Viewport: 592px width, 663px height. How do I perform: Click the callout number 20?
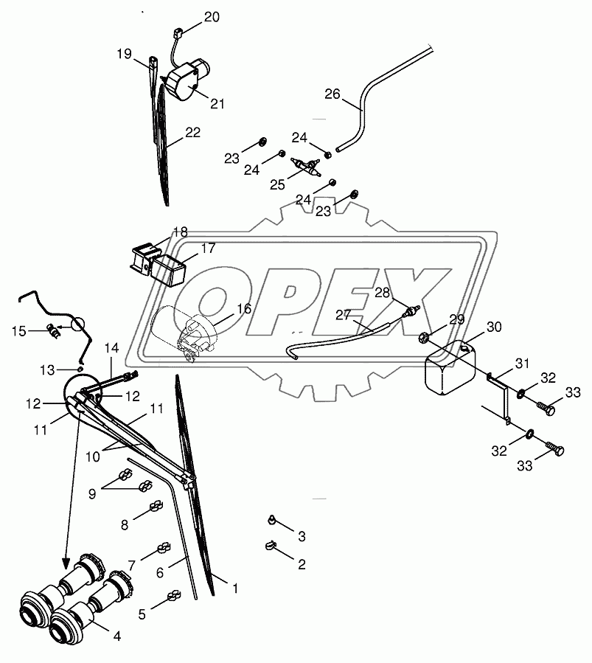[x=212, y=18]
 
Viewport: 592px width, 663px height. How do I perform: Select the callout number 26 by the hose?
[x=332, y=94]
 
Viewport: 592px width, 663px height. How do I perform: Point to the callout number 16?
[x=244, y=309]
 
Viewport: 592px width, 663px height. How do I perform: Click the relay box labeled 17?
[x=169, y=271]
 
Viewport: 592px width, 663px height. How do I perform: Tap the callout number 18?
[x=181, y=232]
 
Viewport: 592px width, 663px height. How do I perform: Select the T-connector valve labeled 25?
[x=307, y=167]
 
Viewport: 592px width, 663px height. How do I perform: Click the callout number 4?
[x=117, y=636]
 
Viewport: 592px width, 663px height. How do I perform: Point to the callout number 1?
[x=235, y=589]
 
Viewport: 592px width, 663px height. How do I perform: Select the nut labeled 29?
[x=425, y=338]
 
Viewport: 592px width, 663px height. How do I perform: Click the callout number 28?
[x=382, y=293]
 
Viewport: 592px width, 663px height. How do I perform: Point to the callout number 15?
[x=19, y=331]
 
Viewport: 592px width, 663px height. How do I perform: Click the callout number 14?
[x=112, y=348]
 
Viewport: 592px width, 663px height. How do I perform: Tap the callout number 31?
[x=522, y=364]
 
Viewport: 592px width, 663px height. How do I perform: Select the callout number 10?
[x=93, y=457]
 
